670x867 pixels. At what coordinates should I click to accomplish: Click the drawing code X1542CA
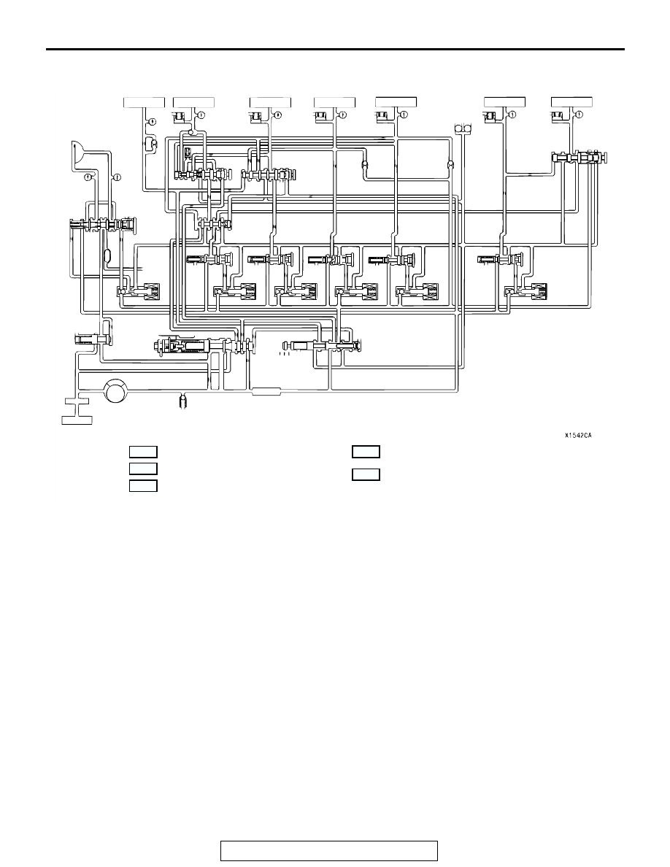578,436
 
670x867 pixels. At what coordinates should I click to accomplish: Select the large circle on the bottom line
116,391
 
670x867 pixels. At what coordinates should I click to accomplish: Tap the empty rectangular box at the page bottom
329,850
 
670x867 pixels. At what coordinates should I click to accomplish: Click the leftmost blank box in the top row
144,102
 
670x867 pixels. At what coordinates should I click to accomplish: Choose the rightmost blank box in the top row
571,102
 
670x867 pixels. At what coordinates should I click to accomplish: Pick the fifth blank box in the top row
396,102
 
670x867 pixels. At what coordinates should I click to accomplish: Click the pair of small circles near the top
462,129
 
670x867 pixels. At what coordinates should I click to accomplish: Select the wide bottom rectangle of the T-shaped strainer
77,420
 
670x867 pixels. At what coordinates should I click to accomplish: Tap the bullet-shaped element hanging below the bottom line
183,399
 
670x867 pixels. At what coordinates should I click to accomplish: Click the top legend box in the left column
143,452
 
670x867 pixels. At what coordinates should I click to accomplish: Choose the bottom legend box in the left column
143,486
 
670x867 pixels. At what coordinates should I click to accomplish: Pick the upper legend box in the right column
366,452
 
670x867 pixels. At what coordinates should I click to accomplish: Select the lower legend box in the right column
366,474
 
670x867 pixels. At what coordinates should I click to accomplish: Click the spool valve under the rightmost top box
579,158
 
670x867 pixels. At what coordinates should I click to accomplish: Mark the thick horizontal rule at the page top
335,50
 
